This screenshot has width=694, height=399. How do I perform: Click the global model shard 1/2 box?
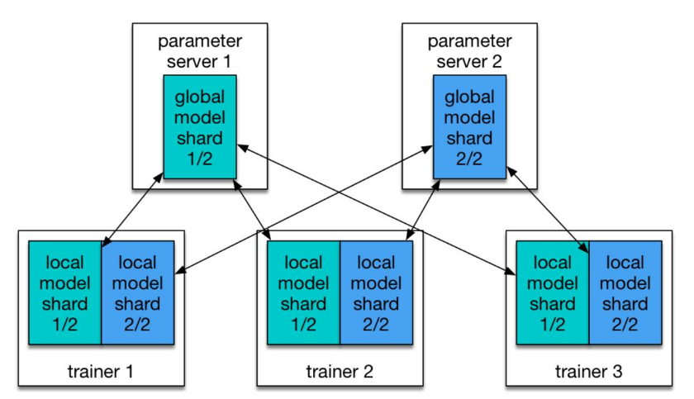point(200,126)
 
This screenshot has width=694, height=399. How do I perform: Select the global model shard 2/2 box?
point(469,126)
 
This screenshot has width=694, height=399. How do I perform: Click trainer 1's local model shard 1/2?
point(64,292)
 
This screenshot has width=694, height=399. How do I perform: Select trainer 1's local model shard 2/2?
point(137,292)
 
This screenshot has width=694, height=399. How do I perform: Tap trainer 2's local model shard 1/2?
point(303,292)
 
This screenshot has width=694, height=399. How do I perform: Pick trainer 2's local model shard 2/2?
point(376,292)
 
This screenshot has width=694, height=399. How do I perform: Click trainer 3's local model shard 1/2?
point(552,292)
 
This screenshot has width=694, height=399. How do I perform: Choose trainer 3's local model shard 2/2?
point(625,292)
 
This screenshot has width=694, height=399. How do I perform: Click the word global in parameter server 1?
point(200,97)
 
